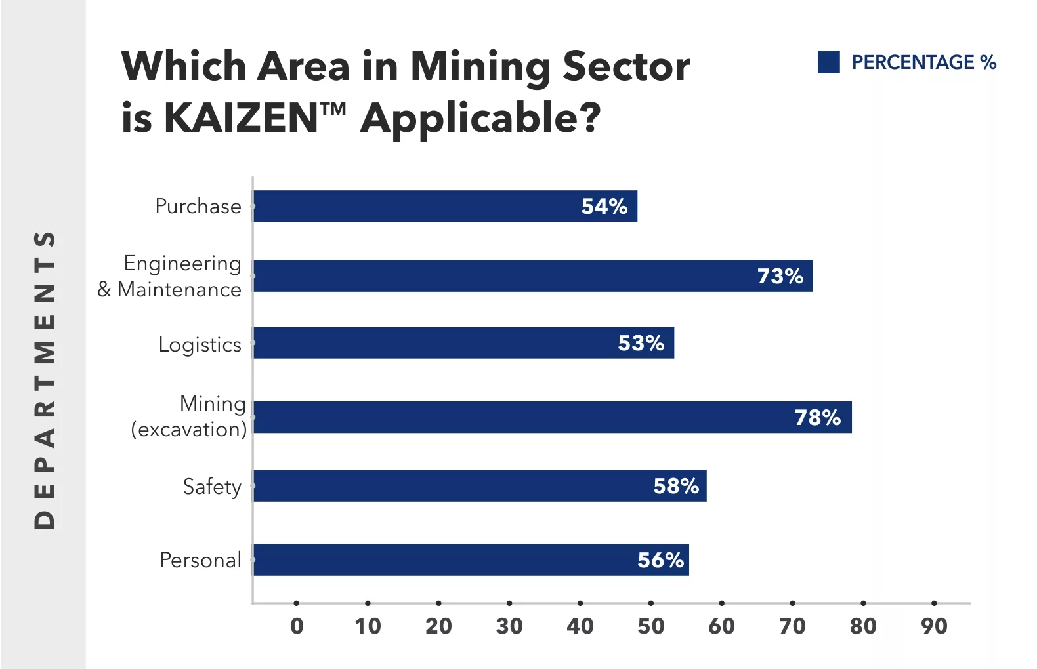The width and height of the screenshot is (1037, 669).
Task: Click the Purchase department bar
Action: pos(445,206)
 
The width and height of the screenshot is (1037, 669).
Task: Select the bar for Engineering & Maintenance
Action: pos(532,275)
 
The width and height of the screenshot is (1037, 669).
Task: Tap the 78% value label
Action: pos(817,417)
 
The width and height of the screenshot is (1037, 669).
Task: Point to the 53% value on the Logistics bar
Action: pos(641,342)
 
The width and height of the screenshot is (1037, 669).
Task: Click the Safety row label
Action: pos(212,487)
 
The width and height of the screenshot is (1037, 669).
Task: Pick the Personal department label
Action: pos(201,560)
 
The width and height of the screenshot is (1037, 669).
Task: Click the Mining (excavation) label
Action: pos(190,416)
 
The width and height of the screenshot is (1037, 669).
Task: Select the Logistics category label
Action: pos(200,344)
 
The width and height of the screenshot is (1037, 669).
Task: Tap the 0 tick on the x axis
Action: pos(297,626)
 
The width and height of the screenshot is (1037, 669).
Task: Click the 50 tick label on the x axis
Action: pos(650,626)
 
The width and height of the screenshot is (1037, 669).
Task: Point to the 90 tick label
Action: pos(934,626)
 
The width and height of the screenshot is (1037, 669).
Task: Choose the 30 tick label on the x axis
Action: pos(509,626)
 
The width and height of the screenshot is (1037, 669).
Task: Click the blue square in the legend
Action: pos(829,62)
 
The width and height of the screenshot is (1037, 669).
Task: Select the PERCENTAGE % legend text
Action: pos(923,62)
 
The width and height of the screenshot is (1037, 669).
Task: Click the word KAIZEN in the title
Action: pos(240,118)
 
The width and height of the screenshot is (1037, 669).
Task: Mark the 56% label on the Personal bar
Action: pos(660,559)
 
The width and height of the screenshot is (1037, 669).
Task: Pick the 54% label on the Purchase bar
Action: pos(604,206)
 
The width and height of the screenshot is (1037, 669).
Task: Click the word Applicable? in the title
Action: pos(480,119)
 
